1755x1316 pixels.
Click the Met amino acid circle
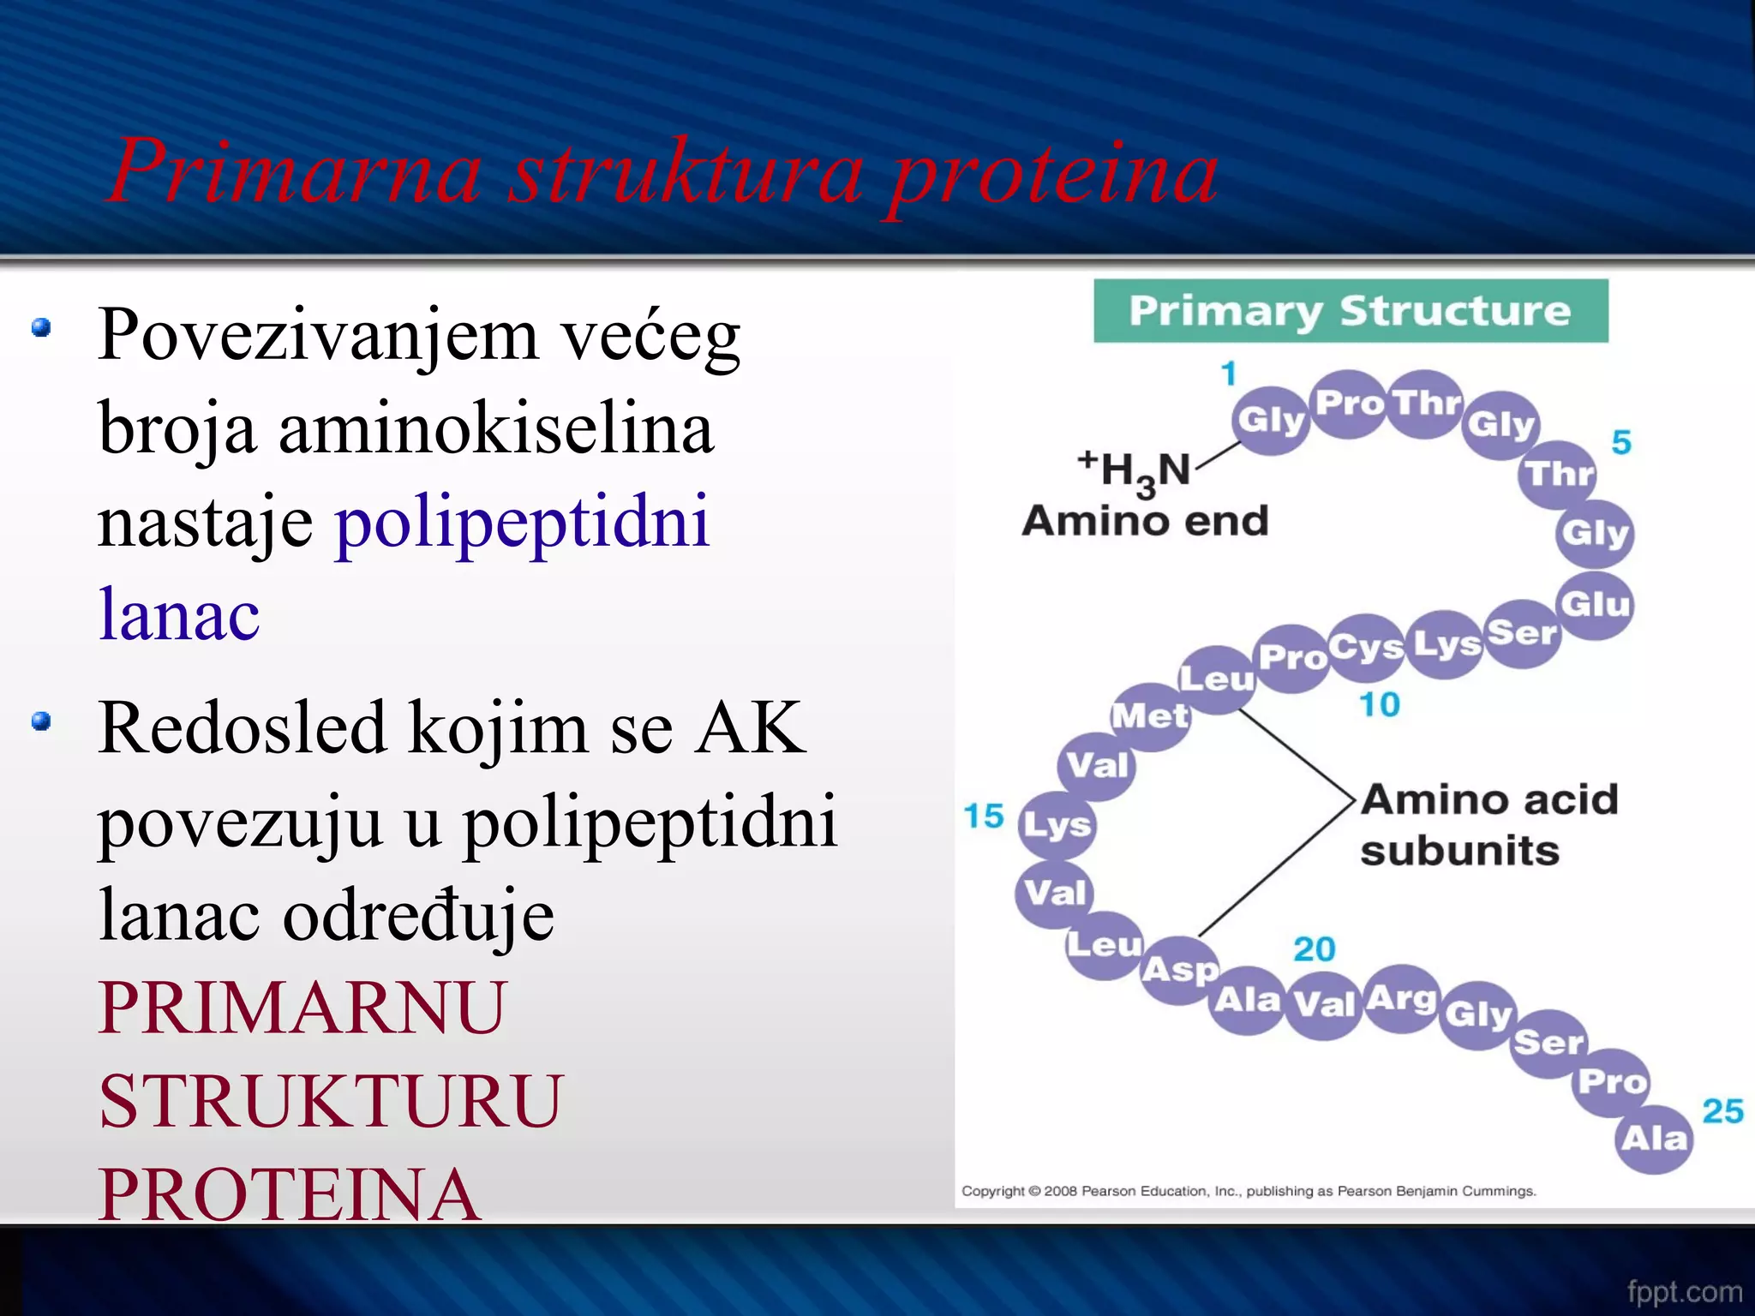pyautogui.click(x=1150, y=716)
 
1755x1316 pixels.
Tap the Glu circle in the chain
pyautogui.click(x=1595, y=605)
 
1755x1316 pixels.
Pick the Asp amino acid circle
pyautogui.click(x=1181, y=970)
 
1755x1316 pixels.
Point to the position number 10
pyautogui.click(x=1380, y=704)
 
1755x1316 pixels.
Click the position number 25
pyautogui.click(x=1722, y=1111)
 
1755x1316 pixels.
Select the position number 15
pyautogui.click(x=983, y=816)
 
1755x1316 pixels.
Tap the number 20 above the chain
pyautogui.click(x=1315, y=949)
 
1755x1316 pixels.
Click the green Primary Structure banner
pyautogui.click(x=1351, y=311)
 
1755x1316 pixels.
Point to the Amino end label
pyautogui.click(x=1145, y=521)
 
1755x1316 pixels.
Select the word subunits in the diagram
pyautogui.click(x=1459, y=851)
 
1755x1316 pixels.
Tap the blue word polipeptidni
pyautogui.click(x=523, y=521)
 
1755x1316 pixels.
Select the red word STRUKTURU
pyautogui.click(x=331, y=1101)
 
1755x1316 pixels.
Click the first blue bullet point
pyautogui.click(x=41, y=327)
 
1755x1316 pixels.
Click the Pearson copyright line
pyautogui.click(x=1249, y=1191)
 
